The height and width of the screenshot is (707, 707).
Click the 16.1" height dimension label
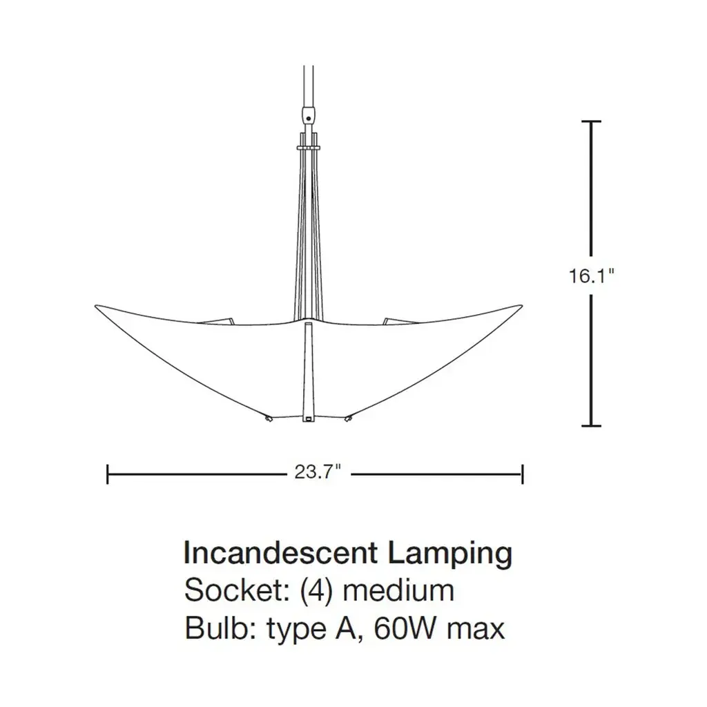pos(591,275)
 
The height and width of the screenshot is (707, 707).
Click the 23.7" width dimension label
pos(317,472)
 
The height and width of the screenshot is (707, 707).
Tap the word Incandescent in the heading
pos(280,553)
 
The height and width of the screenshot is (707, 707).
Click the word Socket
pos(237,590)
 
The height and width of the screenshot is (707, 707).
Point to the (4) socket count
pos(316,592)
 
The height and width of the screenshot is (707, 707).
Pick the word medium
pos(398,590)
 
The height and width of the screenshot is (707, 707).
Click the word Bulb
pos(220,628)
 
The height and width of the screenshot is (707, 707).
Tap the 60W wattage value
pos(406,628)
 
